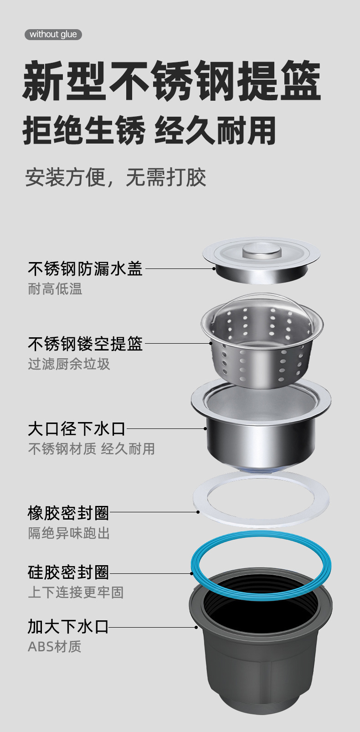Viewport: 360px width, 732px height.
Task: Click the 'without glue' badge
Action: coord(53,35)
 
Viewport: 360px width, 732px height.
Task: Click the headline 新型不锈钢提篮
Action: coord(172,82)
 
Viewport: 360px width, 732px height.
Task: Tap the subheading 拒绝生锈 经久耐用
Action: coord(149,131)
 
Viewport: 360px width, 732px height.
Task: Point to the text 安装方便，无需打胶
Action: coord(116,177)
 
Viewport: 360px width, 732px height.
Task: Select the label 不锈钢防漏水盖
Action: coord(85,268)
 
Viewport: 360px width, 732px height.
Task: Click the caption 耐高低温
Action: coord(55,289)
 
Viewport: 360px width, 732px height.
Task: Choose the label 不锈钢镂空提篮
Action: coord(85,344)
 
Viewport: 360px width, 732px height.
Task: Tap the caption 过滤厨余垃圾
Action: coord(69,364)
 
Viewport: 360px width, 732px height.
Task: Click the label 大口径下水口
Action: coord(76,429)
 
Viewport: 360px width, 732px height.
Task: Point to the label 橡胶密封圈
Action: coord(68,513)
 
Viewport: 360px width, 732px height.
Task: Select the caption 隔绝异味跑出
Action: coord(69,533)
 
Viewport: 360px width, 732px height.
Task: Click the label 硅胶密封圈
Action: coord(68,572)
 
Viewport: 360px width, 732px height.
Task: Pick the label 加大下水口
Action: coord(68,627)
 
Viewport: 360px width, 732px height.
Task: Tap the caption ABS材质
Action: coord(55,647)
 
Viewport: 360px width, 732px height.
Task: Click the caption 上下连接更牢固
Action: coord(76,593)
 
